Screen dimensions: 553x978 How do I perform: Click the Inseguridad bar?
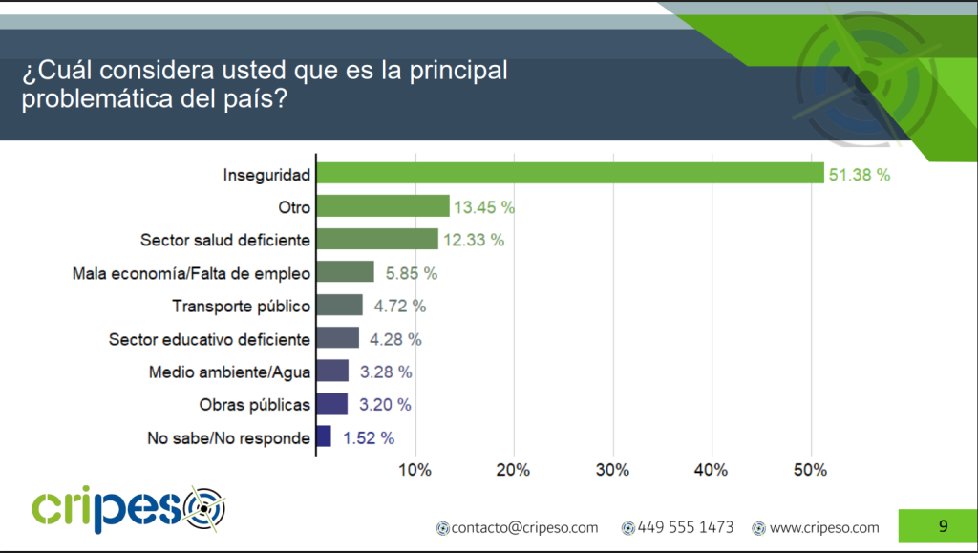pos(570,173)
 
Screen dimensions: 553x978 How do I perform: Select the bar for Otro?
pos(383,206)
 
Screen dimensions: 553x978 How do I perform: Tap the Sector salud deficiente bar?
pos(377,239)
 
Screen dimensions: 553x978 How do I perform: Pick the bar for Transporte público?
pos(340,306)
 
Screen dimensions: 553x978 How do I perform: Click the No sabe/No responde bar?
pos(324,437)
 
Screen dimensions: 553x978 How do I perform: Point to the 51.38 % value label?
pos(860,175)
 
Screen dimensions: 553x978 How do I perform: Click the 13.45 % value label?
pos(484,207)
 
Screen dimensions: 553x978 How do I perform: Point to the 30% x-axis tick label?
pos(613,470)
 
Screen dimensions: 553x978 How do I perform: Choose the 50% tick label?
pos(811,470)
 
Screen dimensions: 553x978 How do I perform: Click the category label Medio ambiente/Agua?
pos(229,372)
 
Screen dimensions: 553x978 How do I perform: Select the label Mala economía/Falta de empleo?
pos(192,274)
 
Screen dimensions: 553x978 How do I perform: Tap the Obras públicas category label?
pos(255,405)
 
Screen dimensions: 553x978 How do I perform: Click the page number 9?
pos(943,526)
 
